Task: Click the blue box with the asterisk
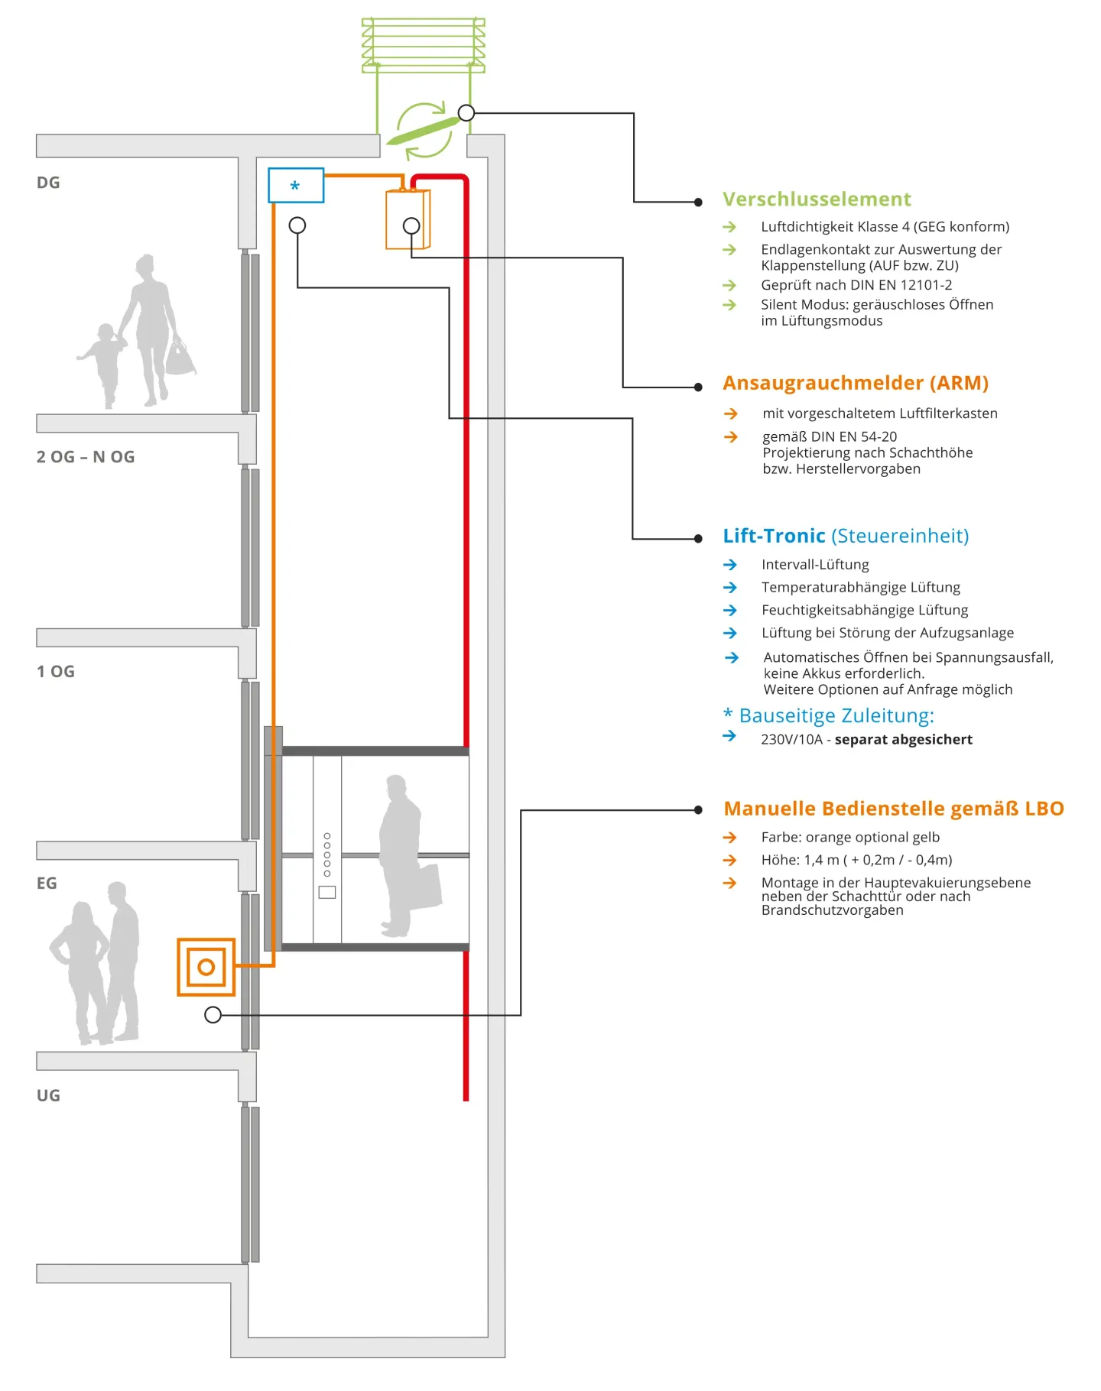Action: [x=296, y=186]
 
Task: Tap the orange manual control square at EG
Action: [x=206, y=967]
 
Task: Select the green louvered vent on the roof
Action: [x=423, y=45]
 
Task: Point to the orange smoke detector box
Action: [x=408, y=219]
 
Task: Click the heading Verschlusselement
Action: [x=817, y=199]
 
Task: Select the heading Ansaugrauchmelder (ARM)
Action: [x=856, y=383]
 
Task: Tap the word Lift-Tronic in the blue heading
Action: [x=774, y=536]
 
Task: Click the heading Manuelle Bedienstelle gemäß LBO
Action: [x=894, y=809]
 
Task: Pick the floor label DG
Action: [x=48, y=183]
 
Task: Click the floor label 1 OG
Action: [x=56, y=671]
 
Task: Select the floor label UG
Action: [x=48, y=1095]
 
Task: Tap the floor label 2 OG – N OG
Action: [x=86, y=457]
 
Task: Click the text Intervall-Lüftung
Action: [x=815, y=565]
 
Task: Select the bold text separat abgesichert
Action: [x=903, y=739]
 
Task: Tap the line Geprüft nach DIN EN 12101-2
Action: [x=856, y=285]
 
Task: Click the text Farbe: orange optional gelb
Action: [x=850, y=837]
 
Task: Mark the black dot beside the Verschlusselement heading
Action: [x=698, y=203]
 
